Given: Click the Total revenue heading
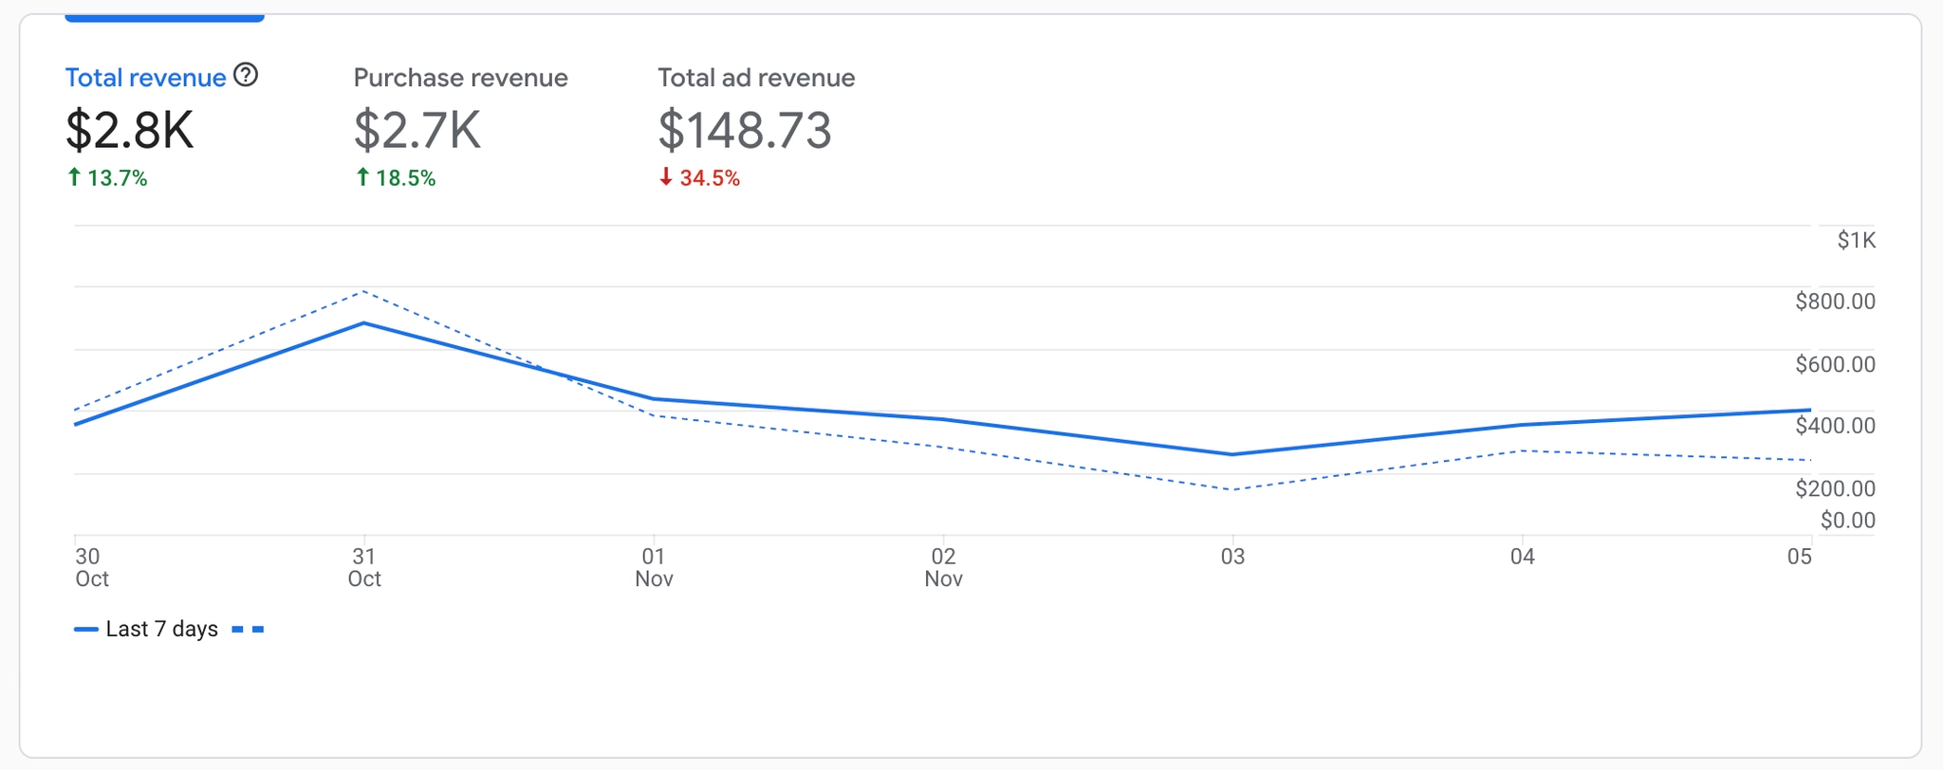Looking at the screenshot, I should (x=145, y=78).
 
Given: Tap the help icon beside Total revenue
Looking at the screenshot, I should (x=246, y=75).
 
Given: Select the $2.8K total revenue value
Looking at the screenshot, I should (x=130, y=130).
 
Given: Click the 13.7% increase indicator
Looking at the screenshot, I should (x=107, y=178).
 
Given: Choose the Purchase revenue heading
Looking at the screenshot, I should (x=460, y=78).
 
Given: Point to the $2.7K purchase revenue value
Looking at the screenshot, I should (x=417, y=130).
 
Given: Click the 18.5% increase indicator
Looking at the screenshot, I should (x=396, y=178).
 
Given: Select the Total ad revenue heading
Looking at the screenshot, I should (x=756, y=78).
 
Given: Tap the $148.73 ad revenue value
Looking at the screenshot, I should (x=745, y=130).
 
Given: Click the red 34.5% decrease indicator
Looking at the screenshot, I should (x=700, y=178).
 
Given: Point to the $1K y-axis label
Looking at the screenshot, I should (x=1856, y=240).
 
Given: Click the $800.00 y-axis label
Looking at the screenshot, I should (x=1835, y=302).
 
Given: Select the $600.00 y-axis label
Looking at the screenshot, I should (x=1835, y=364).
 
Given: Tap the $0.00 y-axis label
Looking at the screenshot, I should (x=1847, y=520).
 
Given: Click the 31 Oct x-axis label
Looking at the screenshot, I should (x=364, y=567).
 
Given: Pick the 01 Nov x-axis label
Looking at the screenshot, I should (x=654, y=567).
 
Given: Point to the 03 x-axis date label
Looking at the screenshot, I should (x=1232, y=557).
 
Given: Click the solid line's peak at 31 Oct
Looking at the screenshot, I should (x=364, y=323).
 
